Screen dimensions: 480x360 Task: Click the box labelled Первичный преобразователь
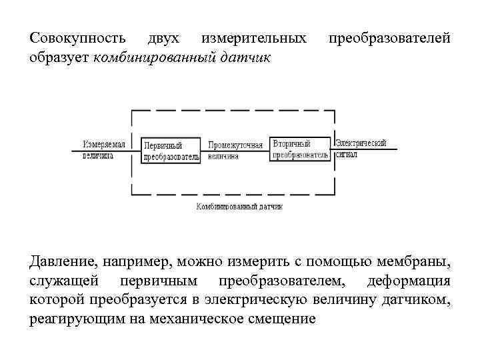[171, 151]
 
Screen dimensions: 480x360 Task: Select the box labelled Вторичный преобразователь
[300, 149]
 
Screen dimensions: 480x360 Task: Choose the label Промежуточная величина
[235, 150]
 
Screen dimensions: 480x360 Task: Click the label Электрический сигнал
[360, 149]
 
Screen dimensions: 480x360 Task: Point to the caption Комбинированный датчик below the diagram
[239, 207]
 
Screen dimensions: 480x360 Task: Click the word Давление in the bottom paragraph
[61, 260]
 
